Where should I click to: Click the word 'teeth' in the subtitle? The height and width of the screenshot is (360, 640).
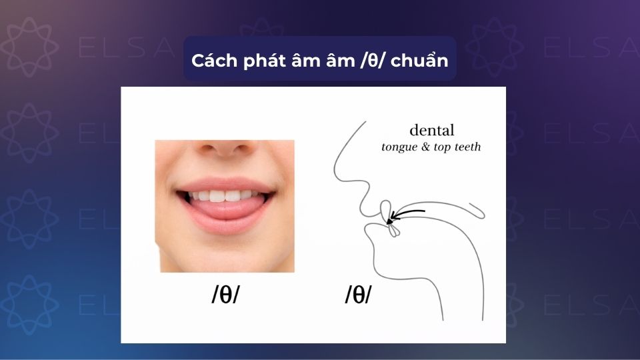tap(466, 147)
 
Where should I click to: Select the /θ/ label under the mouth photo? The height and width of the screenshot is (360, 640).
tap(225, 295)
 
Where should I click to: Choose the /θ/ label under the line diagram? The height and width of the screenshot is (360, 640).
tap(358, 295)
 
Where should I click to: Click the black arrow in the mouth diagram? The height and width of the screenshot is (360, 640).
tap(406, 214)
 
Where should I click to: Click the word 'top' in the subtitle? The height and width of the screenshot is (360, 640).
tap(444, 148)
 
